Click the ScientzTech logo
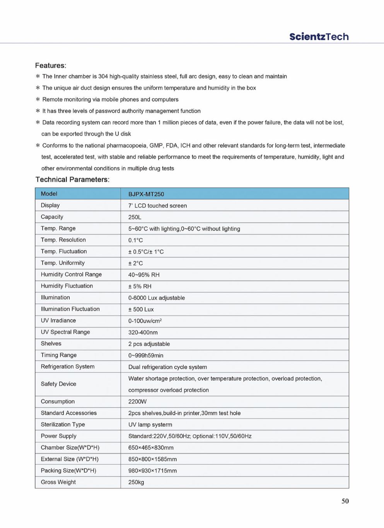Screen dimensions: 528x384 pos(319,37)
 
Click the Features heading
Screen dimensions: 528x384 pos(51,65)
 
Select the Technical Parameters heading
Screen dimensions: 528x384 pos(72,180)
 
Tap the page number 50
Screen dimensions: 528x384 pos(345,501)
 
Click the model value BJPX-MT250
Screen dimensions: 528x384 pos(146,194)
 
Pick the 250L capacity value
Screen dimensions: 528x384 pos(135,217)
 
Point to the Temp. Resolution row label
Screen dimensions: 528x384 pos(63,240)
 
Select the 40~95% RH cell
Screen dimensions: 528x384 pos(144,275)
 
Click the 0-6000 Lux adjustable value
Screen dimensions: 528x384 pos(157,298)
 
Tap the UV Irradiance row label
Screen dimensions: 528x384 pos(58,321)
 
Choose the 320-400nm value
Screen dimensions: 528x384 pos(143,333)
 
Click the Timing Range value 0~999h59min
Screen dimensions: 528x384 pos(146,355)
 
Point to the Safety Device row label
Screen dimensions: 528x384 pos(58,384)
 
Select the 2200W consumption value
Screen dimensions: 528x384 pos(137,401)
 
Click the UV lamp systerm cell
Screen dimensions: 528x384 pos(150,425)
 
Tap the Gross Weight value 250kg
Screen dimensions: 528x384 pos(136,482)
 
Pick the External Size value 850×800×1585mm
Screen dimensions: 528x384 pos(152,459)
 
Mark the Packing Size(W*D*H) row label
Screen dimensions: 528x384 pos(68,471)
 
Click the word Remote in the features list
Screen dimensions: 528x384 pos(52,99)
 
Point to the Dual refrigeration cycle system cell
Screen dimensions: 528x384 pos(167,367)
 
